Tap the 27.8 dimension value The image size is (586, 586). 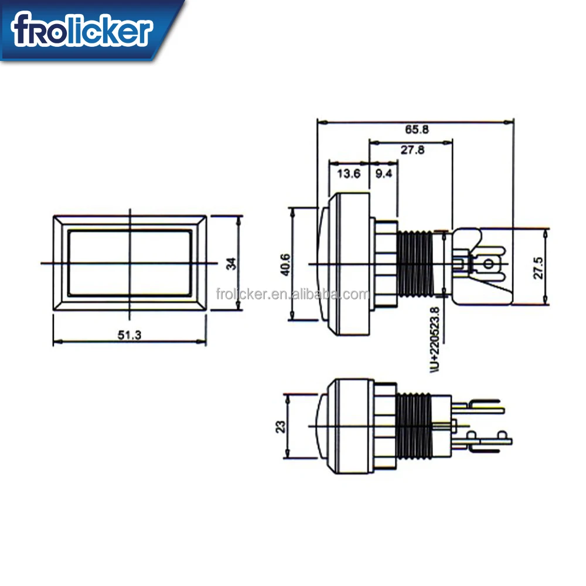(x=413, y=150)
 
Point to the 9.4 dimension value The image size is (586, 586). (x=384, y=173)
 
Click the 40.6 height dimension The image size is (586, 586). (x=285, y=264)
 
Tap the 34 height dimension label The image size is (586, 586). (x=232, y=264)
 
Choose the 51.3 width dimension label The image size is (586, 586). (x=130, y=335)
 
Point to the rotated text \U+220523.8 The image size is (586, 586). (x=434, y=340)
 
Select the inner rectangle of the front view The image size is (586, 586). (x=130, y=262)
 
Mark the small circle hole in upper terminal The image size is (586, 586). (x=486, y=264)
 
